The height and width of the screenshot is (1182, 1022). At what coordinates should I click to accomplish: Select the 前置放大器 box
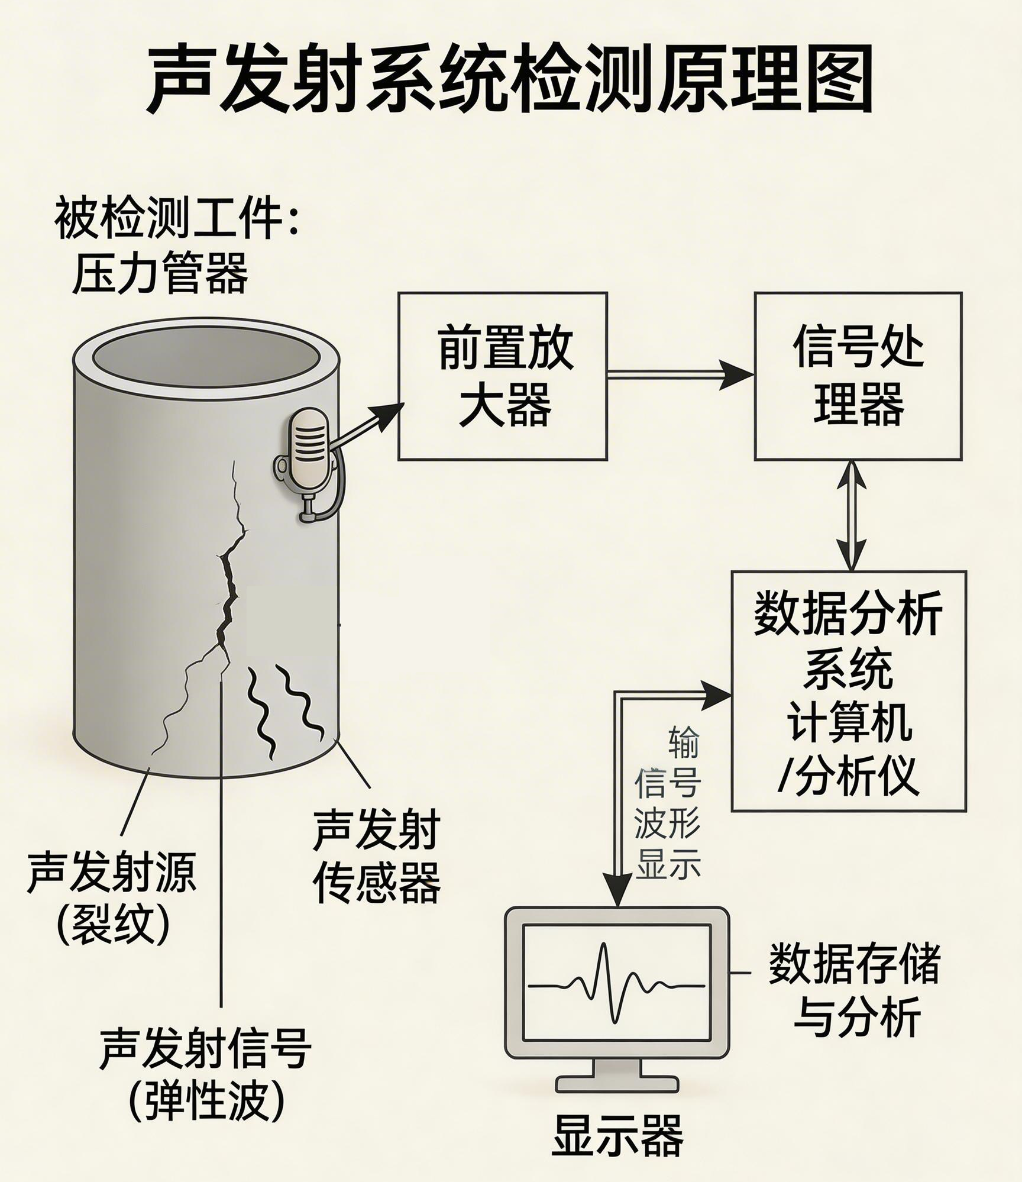click(503, 376)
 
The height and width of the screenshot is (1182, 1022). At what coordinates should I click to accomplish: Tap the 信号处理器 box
click(858, 376)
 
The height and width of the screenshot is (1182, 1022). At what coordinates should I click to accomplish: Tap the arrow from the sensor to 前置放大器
click(370, 425)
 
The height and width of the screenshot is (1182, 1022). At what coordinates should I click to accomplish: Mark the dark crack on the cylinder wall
click(228, 592)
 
